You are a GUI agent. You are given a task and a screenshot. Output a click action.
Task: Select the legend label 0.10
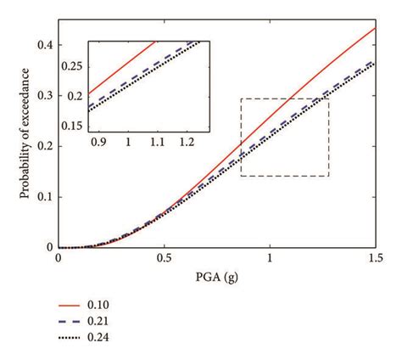[x=98, y=305]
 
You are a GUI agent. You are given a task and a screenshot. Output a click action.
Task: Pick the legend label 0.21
[x=98, y=321]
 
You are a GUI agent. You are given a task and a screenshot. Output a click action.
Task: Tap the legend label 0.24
[x=98, y=337]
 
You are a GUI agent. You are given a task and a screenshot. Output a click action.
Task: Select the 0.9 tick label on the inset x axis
[x=99, y=144]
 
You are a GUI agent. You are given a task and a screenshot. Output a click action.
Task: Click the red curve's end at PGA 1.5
[x=374, y=28]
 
